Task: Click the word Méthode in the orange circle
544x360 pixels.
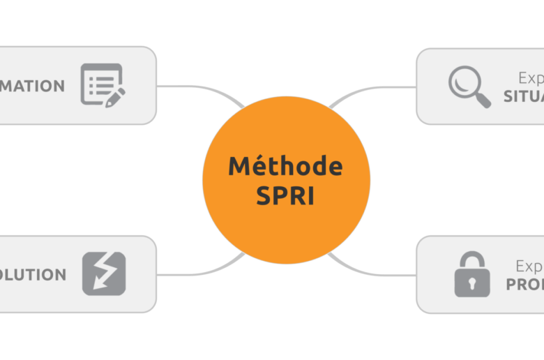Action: pos(285,166)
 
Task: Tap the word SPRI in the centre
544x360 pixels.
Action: pos(285,195)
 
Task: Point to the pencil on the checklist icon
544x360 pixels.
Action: pos(115,96)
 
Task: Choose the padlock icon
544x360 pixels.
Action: pos(472,274)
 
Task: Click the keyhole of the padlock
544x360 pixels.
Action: pos(472,283)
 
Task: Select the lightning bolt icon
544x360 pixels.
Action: pos(104,273)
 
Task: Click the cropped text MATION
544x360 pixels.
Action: pos(32,86)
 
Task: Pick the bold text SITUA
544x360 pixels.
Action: pos(523,96)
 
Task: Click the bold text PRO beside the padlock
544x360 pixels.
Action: pos(524,285)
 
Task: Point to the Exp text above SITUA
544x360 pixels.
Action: pos(530,78)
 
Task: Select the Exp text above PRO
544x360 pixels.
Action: pos(529,267)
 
